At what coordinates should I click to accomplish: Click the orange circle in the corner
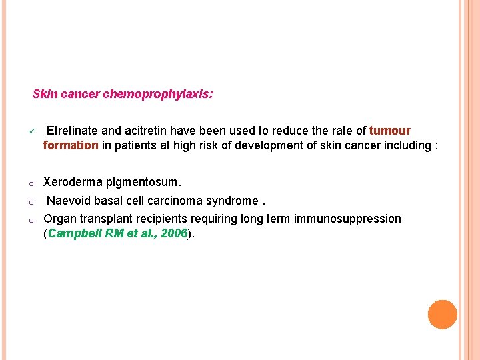(x=442, y=315)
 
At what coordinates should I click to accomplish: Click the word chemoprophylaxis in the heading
(x=158, y=95)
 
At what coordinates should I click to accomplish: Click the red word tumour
(x=390, y=131)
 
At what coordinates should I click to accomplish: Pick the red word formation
(x=71, y=145)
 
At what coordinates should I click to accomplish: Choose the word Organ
(x=59, y=219)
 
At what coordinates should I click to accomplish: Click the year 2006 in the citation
(x=174, y=233)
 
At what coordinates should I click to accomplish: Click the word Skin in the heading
(x=45, y=95)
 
